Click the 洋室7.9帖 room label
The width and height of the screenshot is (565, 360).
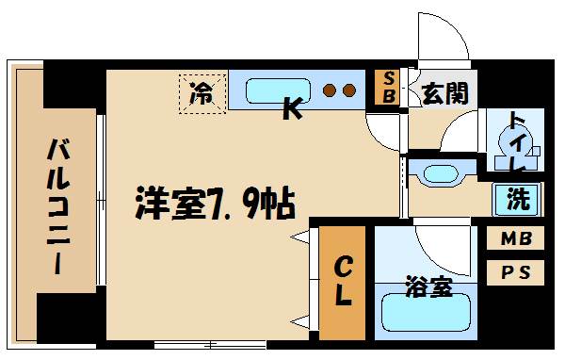click(x=216, y=201)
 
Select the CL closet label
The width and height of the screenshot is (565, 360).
click(x=341, y=281)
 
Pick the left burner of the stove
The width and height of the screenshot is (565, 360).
click(x=330, y=90)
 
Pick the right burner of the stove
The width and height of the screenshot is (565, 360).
click(x=348, y=90)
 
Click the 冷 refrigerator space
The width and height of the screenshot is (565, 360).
click(x=202, y=93)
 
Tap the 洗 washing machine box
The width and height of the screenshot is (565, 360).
click(x=518, y=199)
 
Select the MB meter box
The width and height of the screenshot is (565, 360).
click(x=515, y=238)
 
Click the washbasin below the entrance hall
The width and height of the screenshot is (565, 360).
click(x=439, y=173)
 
